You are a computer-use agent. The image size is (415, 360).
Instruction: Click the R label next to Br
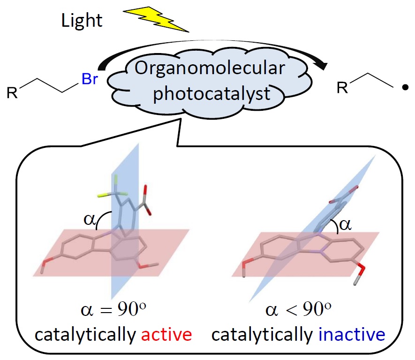tap(12, 92)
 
